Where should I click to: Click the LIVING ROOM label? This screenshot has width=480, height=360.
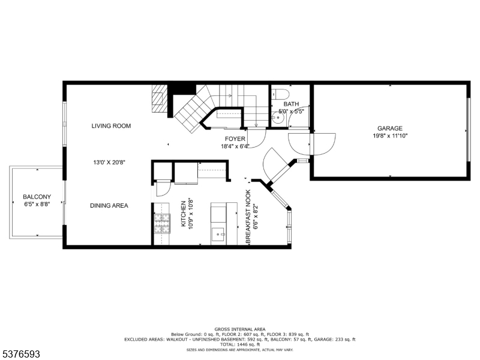111,126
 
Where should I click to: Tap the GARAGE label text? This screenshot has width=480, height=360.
389,128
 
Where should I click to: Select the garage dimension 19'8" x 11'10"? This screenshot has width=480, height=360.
389,136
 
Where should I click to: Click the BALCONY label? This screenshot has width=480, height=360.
37,197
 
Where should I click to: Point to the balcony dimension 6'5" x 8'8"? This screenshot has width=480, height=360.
37,205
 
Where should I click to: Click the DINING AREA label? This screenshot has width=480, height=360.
109,206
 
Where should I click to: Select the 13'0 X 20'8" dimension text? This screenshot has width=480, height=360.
109,162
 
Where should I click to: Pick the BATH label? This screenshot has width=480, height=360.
291,104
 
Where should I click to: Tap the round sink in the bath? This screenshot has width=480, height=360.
277,119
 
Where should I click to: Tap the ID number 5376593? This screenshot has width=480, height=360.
20,355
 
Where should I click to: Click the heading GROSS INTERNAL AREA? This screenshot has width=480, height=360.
239,329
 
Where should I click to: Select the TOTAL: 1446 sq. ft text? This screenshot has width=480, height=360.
239,344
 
